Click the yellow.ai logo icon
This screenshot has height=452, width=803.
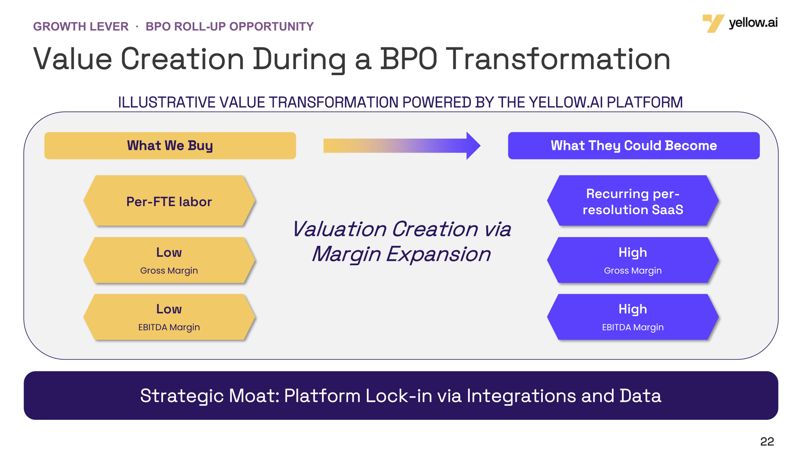pos(713,23)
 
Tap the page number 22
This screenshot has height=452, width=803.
pos(767,441)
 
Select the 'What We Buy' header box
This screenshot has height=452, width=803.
pos(170,145)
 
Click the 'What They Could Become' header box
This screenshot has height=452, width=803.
pos(634,145)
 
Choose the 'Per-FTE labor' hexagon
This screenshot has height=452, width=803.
pos(169,200)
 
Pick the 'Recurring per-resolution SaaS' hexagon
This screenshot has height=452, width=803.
pos(633,200)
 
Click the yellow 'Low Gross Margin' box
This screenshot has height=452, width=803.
pos(169,260)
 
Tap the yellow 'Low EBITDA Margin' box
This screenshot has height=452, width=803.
pos(169,317)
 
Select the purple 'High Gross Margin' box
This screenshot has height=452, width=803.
pos(633,260)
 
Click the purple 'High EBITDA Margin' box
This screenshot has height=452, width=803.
pos(633,317)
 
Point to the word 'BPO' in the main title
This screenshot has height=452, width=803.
pos(408,59)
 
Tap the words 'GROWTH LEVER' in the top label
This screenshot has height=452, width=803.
pos(81,27)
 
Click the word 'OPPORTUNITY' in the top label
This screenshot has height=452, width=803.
pos(271,27)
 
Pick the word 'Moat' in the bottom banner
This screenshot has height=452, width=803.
pos(254,396)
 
